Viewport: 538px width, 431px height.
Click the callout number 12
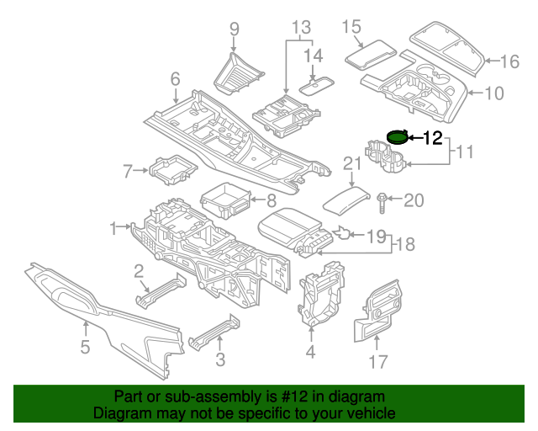coord(432,139)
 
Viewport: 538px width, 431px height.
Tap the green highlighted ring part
coord(397,136)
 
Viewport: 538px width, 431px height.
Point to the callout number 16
coord(510,61)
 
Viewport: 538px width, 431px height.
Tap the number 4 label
coord(310,352)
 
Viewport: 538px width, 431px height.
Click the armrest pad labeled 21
coord(347,200)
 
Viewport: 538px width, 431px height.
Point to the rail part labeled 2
coord(159,290)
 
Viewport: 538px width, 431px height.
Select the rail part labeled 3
coord(210,333)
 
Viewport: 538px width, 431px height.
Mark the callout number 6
coord(175,79)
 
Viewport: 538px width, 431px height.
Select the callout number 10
coord(494,93)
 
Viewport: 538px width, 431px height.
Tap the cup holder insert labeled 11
coord(384,158)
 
